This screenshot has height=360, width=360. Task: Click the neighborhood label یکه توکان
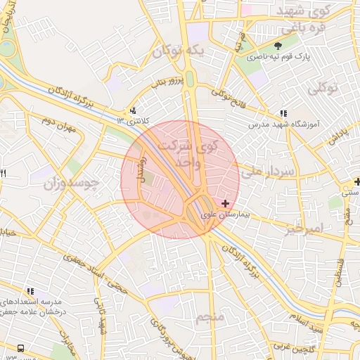[181, 51]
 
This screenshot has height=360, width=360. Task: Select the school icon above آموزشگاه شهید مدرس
[283, 113]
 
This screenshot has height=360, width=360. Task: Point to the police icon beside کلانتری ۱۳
[133, 110]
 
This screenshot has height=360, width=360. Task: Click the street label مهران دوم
[57, 125]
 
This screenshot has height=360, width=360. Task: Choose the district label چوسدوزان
[68, 185]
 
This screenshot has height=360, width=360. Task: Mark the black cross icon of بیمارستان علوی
[225, 203]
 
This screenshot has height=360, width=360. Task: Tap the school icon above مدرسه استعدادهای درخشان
[30, 290]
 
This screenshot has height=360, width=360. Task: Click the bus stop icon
[19, 348]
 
